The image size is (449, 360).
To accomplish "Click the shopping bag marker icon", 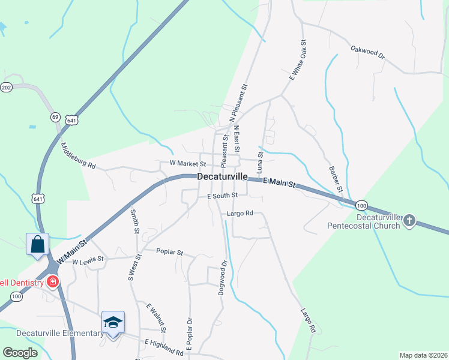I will coord(37,245).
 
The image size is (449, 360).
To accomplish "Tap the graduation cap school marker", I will coord(113,323).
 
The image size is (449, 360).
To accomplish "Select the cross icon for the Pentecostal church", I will coord(409,221).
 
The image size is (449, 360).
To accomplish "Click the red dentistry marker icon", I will coord(53,281).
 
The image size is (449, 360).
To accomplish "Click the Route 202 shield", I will coord(7,88).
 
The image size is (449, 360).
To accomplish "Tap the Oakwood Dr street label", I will coord(367,52).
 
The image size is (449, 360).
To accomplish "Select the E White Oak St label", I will coord(298,60).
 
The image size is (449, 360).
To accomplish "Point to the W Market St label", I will coord(188,163).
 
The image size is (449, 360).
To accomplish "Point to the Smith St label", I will coord(135,221).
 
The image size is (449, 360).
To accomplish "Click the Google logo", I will coord(20,353).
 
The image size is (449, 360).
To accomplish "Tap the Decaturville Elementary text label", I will coord(52,334).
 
